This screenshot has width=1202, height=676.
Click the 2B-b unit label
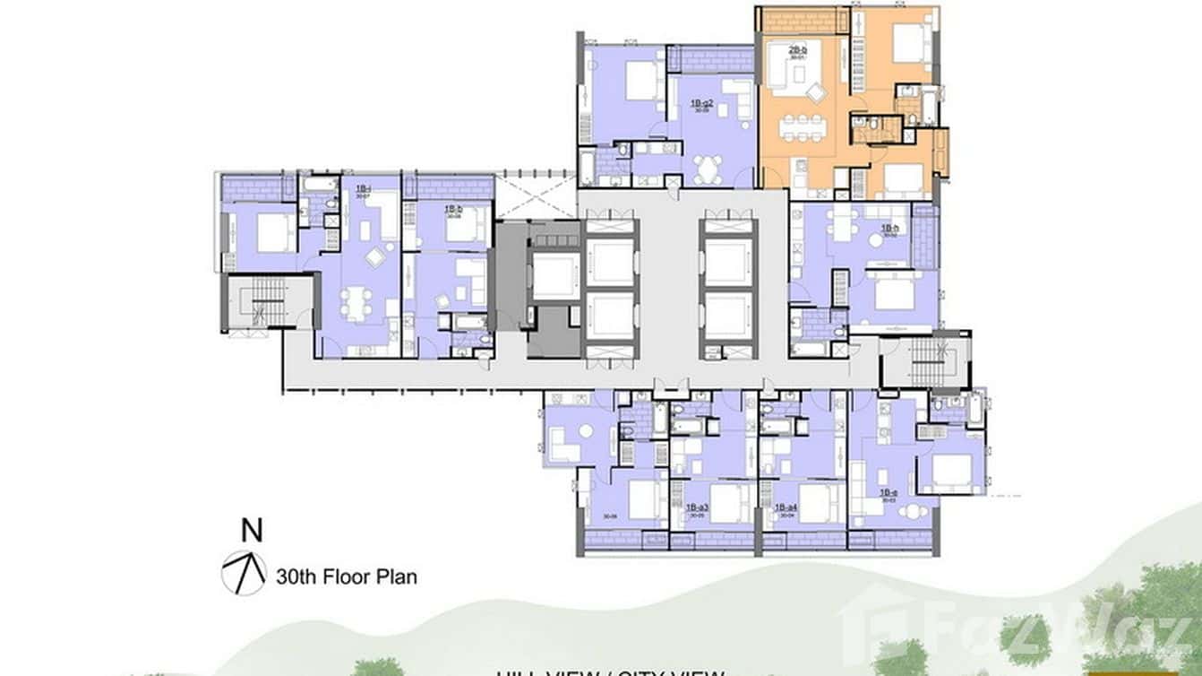click(797, 51)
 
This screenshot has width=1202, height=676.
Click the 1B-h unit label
click(889, 230)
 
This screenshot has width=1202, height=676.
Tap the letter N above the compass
click(253, 532)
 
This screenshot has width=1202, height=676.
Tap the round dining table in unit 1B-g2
click(708, 168)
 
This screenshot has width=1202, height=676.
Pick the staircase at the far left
click(256, 302)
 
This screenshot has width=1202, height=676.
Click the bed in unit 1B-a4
click(815, 498)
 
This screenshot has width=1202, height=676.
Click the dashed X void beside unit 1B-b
click(535, 195)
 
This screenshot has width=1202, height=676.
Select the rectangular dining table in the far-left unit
click(356, 303)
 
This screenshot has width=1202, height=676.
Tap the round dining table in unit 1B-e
click(909, 511)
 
